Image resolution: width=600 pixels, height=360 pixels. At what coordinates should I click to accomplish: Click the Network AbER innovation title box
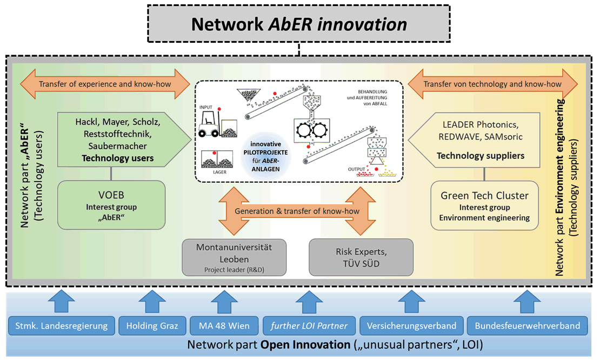point(299,24)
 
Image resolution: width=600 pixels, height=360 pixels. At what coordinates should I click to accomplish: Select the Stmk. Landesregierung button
point(58,326)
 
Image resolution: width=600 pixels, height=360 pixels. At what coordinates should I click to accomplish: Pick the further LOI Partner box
point(309,326)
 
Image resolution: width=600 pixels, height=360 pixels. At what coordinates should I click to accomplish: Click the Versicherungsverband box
point(408,326)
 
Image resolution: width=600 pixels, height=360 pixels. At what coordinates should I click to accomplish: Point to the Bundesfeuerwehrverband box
point(526,326)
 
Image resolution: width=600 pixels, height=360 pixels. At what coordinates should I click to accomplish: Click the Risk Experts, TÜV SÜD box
point(361,257)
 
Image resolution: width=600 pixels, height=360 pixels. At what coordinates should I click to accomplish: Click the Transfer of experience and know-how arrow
point(105,84)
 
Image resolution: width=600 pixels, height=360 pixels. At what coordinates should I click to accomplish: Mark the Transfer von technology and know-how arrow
point(492,84)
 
